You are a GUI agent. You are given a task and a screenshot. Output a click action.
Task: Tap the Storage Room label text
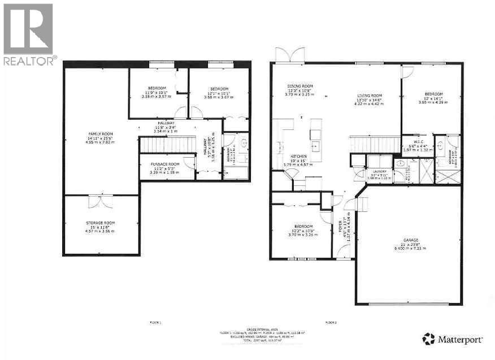[x=101, y=224]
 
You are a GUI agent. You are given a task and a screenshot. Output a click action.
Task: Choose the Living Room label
[x=370, y=96]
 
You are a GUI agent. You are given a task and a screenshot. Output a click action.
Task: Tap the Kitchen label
[x=298, y=156]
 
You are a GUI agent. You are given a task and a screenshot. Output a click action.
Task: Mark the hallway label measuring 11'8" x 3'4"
[x=166, y=123]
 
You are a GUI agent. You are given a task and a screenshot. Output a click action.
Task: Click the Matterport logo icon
[x=429, y=339]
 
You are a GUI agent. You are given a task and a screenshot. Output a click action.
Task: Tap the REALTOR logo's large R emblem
[x=28, y=29]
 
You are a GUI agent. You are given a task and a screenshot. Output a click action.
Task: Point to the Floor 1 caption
[x=155, y=322]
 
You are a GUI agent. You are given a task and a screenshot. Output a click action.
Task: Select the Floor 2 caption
[x=331, y=322]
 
